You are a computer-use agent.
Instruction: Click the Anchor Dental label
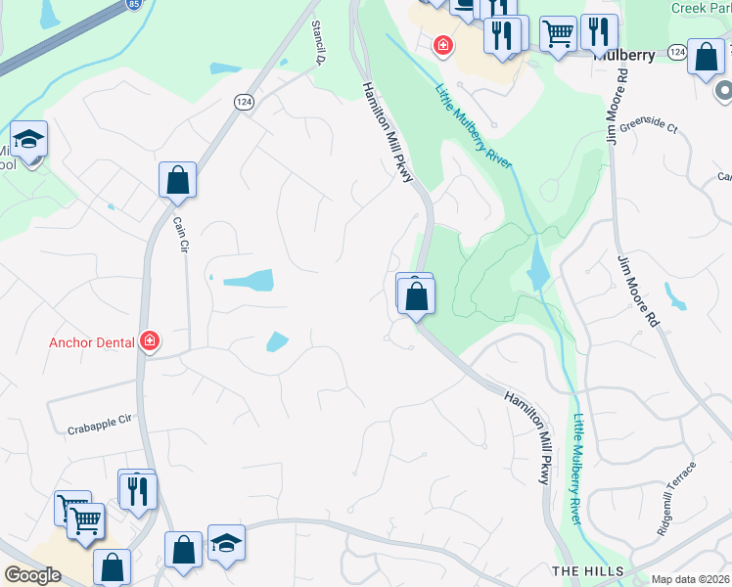tap(93, 342)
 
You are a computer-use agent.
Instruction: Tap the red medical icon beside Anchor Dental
tap(150, 341)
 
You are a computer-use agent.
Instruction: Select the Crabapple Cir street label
tap(99, 425)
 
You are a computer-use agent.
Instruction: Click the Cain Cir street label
tap(180, 235)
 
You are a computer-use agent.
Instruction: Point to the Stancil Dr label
tap(317, 43)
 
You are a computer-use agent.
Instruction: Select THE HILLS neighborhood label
tap(587, 570)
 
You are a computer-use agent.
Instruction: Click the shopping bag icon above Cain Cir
tap(177, 181)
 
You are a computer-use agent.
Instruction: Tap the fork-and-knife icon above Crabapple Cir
tap(137, 490)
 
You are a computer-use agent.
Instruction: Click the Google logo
tap(32, 575)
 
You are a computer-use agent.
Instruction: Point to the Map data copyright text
tap(690, 579)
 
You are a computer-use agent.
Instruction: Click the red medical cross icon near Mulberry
tap(443, 45)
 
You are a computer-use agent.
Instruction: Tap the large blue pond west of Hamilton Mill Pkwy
tap(249, 281)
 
